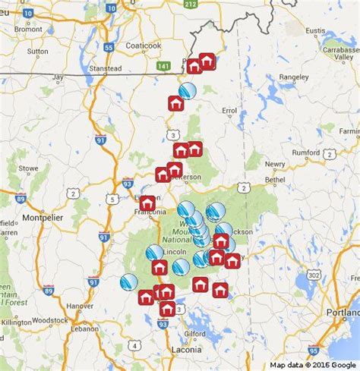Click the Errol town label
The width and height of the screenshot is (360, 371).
pos(229,111)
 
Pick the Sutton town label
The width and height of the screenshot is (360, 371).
pos(37,52)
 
